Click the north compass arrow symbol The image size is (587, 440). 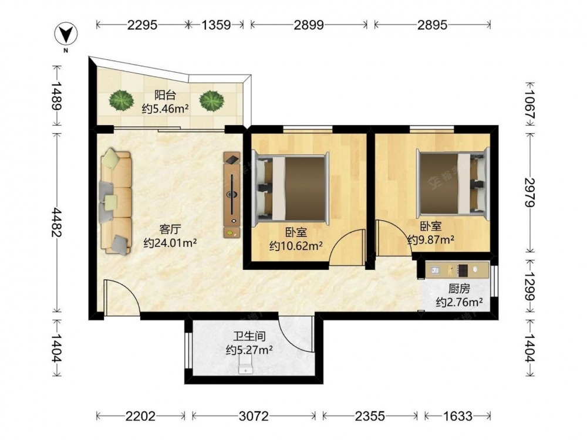pos(66,35)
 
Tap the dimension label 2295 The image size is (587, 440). pos(142,25)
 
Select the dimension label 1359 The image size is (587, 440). pos(216,25)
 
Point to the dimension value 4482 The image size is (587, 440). pos(56,222)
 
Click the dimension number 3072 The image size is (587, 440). pos(254,416)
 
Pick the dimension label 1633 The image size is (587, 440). pos(457,416)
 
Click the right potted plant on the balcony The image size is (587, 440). pos(211,101)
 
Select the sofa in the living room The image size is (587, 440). pos(116,202)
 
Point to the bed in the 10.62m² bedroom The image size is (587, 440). pos(290,188)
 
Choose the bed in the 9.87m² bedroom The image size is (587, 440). pos(453,184)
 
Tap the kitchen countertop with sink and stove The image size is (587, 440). pos(457,270)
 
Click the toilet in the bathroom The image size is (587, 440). pos(245,364)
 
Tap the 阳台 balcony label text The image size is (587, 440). pos(165,96)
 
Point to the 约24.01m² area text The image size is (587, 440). pos(170,243)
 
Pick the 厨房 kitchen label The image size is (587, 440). pos(459,289)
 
